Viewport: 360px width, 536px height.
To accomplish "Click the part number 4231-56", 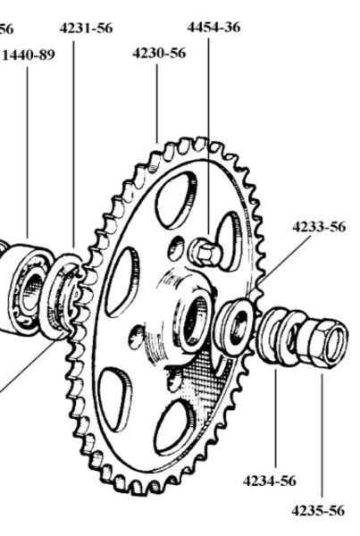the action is [x=86, y=29].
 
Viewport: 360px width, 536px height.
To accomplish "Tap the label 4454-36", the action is [x=213, y=27].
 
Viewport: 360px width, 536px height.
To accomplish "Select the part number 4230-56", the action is [x=159, y=54].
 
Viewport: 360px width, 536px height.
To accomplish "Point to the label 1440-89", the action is [x=29, y=54].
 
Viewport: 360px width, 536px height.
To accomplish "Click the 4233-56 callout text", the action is [x=319, y=227].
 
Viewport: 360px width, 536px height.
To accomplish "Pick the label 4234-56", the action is [x=270, y=481].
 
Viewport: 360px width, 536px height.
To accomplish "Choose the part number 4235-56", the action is [x=318, y=511].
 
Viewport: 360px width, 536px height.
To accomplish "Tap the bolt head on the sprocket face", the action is [x=205, y=252].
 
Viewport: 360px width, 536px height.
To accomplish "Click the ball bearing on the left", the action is [x=26, y=289].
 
